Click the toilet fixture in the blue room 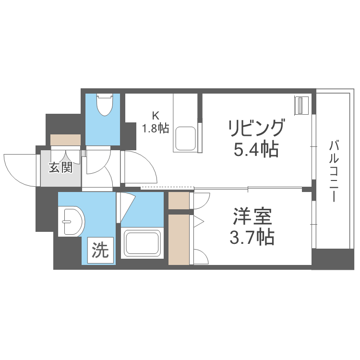click(x=105, y=105)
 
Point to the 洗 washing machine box click(x=101, y=250)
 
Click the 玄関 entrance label click(x=61, y=168)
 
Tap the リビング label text click(x=256, y=129)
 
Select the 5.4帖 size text click(x=256, y=150)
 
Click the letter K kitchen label click(x=155, y=115)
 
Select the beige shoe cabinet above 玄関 click(x=66, y=140)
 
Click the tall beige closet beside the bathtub click(x=179, y=239)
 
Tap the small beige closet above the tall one click(x=179, y=200)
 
